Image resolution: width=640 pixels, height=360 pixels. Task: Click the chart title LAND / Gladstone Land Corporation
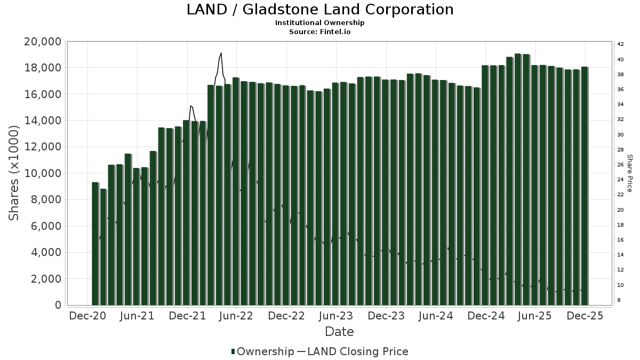320,10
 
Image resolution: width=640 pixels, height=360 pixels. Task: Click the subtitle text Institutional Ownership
320,23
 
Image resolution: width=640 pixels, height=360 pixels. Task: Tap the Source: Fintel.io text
320,31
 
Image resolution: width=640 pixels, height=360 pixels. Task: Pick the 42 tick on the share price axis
621,44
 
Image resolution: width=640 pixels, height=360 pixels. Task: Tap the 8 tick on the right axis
619,301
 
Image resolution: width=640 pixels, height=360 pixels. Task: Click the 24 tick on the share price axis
621,180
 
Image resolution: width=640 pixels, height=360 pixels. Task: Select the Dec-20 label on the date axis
88,316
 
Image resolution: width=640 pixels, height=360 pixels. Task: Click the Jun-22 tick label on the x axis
237,316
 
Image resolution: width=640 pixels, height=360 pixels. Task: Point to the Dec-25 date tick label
585,316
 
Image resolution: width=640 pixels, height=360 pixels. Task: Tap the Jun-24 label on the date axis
436,316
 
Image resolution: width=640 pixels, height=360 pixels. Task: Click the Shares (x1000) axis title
14,173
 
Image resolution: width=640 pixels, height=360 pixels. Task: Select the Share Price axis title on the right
629,173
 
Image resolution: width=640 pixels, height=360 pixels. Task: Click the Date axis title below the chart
340,332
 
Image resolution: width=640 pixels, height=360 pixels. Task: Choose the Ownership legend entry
262,351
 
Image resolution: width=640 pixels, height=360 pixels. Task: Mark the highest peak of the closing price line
221,53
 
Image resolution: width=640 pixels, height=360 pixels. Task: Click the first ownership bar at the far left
95,243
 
